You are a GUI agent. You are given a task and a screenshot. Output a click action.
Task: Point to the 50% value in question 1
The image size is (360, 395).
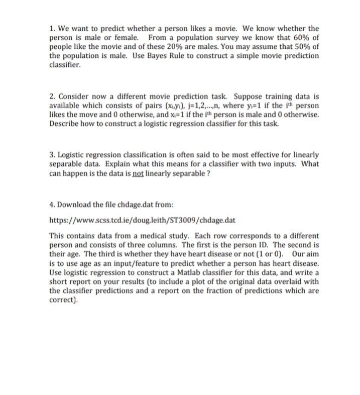[298, 47]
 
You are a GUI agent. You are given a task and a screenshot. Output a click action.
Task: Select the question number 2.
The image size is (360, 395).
[52, 95]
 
